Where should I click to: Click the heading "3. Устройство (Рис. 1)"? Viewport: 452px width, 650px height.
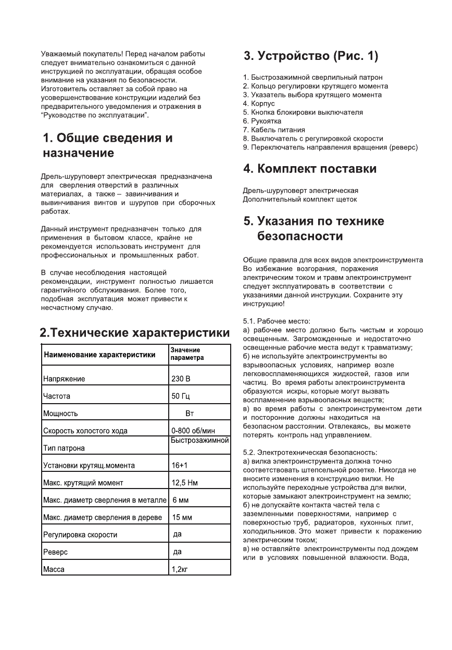[311, 56]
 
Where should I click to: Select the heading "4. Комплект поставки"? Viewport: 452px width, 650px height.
[310, 169]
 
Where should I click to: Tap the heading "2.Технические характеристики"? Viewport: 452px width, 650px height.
[135, 333]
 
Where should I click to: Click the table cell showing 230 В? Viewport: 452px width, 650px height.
[181, 379]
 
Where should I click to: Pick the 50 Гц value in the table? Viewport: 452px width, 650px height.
[181, 396]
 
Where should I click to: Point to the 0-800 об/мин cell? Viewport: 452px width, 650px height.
[193, 431]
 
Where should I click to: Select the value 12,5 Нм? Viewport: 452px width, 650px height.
[184, 483]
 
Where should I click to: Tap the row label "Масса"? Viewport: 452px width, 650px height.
[54, 569]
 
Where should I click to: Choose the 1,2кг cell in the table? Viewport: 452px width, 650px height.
[180, 569]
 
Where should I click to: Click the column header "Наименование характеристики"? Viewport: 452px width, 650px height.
[99, 355]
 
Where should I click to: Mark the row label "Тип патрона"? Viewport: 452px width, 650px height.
[64, 448]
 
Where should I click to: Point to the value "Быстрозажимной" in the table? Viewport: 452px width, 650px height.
[200, 441]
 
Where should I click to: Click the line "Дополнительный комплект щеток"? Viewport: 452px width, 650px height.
[300, 199]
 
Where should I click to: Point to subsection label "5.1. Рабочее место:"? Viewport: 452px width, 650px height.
[277, 321]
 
